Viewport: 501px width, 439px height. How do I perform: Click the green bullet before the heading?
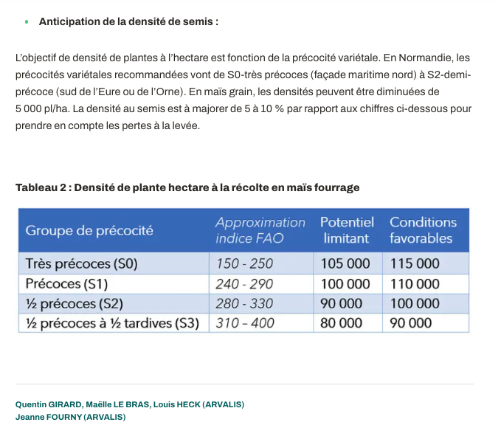pyautogui.click(x=27, y=22)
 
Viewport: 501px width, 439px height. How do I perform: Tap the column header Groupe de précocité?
pyautogui.click(x=89, y=230)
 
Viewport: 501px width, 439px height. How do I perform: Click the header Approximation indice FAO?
pyautogui.click(x=260, y=230)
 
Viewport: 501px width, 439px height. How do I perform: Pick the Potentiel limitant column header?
pyautogui.click(x=347, y=230)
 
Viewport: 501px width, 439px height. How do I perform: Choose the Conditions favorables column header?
pyautogui.click(x=423, y=230)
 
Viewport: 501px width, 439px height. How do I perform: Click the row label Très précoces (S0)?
pyautogui.click(x=81, y=264)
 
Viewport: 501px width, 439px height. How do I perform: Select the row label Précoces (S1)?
pyautogui.click(x=66, y=284)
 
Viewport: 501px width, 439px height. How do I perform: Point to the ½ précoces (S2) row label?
pyautogui.click(x=74, y=303)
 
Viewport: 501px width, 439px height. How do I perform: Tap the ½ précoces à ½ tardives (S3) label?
pyautogui.click(x=112, y=322)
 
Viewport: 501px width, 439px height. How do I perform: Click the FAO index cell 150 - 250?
pyautogui.click(x=244, y=264)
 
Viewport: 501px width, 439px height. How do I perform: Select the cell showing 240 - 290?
pyautogui.click(x=244, y=284)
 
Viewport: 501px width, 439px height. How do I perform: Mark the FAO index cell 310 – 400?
pyautogui.click(x=244, y=322)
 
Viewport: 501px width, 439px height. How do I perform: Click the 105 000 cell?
pyautogui.click(x=345, y=264)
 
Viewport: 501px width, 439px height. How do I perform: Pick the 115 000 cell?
pyautogui.click(x=415, y=264)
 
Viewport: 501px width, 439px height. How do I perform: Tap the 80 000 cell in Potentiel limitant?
pyautogui.click(x=341, y=322)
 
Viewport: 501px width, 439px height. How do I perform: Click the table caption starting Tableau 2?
pyautogui.click(x=187, y=187)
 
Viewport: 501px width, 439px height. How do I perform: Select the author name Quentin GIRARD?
pyautogui.click(x=49, y=404)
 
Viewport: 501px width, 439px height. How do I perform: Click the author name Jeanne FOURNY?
pyautogui.click(x=48, y=417)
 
